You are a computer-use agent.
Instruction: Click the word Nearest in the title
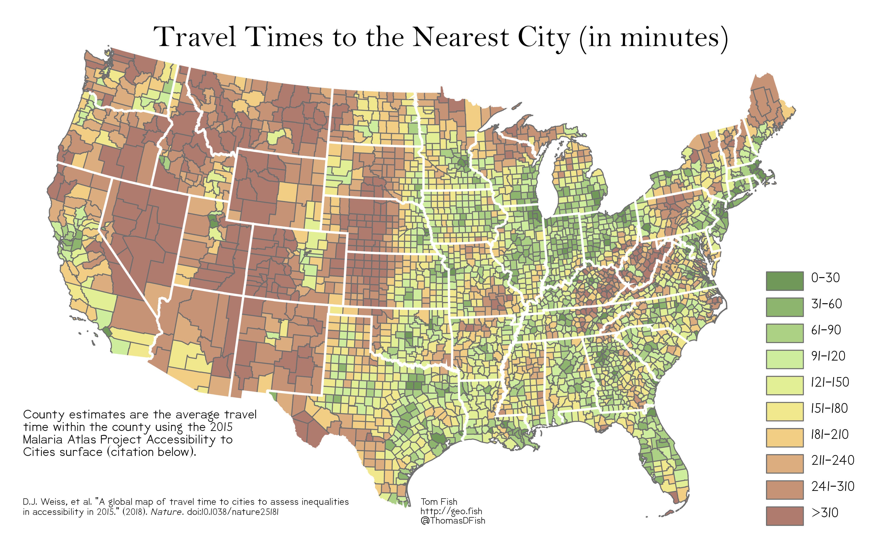(460, 37)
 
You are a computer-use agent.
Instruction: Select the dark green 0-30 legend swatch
(785, 281)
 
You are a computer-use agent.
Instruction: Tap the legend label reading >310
(825, 513)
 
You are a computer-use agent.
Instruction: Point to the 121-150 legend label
(829, 382)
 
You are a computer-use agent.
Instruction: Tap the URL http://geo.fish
(451, 511)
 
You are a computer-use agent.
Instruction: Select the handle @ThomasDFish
(453, 520)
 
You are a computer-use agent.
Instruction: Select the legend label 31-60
(826, 304)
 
